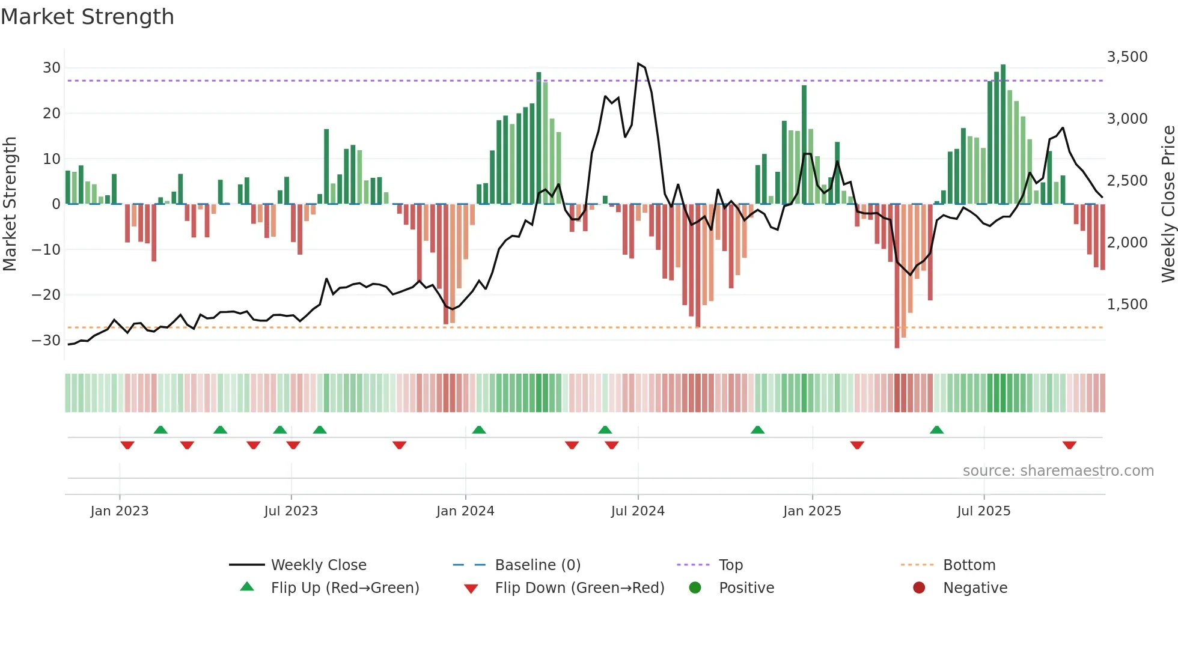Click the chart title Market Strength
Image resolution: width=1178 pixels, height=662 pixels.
87,17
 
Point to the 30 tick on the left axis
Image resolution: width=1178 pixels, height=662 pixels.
52,68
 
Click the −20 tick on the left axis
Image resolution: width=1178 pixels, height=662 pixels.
46,295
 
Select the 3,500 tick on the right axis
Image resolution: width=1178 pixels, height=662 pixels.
1127,57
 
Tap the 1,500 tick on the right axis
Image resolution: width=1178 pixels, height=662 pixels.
1127,305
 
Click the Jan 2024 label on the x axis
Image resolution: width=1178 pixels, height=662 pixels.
465,511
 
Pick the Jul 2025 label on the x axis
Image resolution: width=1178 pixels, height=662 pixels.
983,511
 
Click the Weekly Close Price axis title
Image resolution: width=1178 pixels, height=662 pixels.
1168,204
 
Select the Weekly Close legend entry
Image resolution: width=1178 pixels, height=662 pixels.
318,565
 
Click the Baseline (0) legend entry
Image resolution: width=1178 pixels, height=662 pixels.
537,565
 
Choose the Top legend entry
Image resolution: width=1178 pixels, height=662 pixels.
731,565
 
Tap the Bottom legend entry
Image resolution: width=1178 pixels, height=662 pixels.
969,565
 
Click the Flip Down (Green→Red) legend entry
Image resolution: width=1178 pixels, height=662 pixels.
579,588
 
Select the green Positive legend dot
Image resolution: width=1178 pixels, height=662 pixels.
695,588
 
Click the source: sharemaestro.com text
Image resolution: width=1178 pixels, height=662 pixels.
1058,471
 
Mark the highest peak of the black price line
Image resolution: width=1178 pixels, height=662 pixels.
638,64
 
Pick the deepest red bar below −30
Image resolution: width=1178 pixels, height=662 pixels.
897,276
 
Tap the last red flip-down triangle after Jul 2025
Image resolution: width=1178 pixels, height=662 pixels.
1069,445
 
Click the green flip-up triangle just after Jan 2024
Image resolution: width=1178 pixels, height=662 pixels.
479,430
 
